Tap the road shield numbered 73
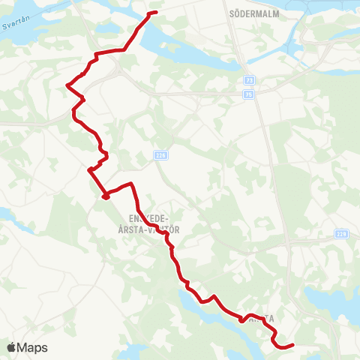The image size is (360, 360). [x=248, y=79]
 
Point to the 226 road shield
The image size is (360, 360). [x=160, y=155]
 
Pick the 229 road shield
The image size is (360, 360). [x=343, y=234]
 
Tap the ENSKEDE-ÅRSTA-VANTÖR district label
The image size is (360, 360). [x=149, y=223]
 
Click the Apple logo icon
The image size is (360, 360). [x=11, y=347]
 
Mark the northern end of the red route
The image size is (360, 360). [x=155, y=13]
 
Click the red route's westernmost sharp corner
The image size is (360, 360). [x=67, y=86]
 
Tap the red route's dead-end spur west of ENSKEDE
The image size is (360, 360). [x=105, y=196]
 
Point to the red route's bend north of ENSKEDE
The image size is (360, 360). [x=132, y=183]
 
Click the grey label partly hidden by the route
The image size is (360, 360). [x=259, y=318]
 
